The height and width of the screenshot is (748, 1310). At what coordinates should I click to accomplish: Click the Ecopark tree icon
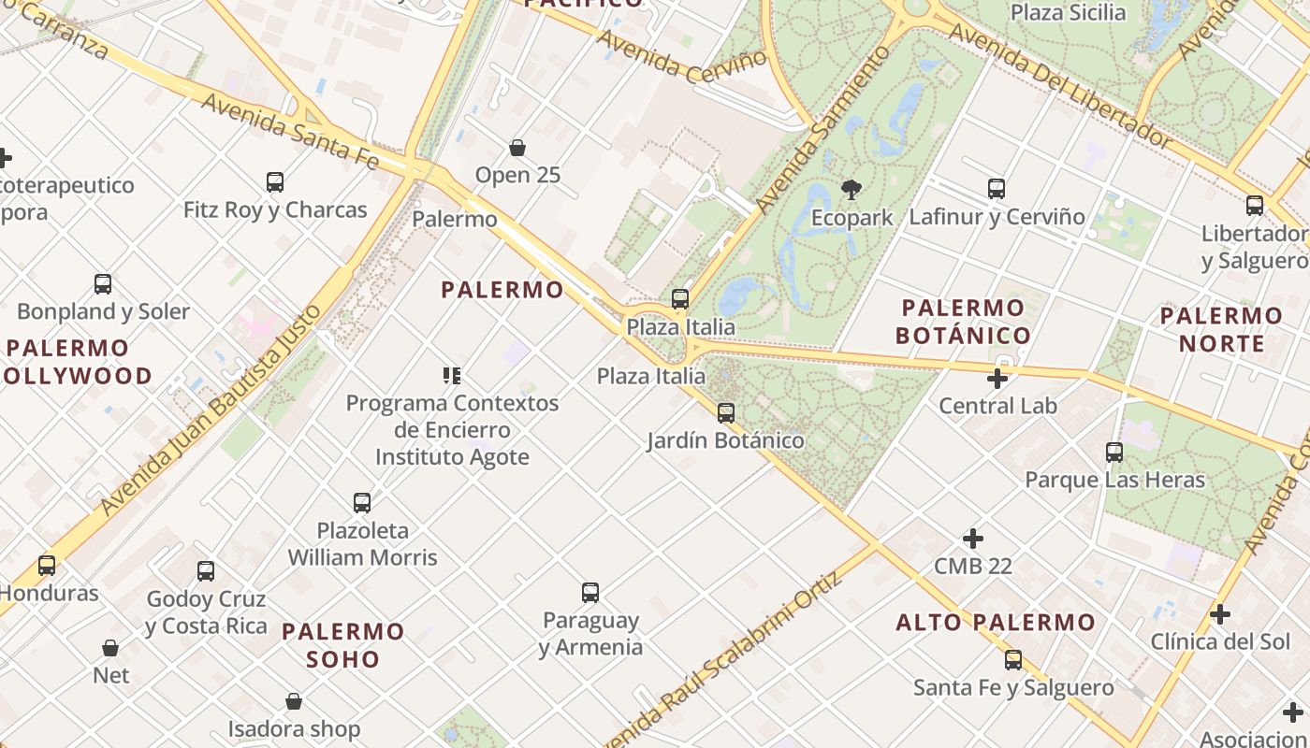851,190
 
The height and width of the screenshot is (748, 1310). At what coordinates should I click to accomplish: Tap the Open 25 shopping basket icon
517,148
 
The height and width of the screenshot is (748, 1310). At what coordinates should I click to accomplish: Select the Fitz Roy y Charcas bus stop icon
275,181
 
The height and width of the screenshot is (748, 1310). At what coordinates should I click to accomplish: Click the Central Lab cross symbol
997,379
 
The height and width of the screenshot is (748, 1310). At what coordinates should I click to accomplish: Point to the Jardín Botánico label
725,440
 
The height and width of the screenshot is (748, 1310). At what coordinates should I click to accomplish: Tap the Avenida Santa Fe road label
290,131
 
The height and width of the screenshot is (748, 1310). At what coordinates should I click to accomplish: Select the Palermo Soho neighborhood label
343,644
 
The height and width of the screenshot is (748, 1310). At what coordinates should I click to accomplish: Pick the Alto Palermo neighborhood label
996,622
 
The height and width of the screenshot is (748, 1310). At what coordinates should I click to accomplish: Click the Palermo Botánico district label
963,321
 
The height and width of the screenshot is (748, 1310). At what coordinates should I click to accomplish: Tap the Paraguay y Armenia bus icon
590,592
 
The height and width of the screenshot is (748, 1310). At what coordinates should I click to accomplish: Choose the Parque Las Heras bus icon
1114,453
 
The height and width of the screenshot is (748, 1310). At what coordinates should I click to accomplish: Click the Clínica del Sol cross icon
1220,614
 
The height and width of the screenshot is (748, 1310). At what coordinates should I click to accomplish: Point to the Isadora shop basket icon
294,701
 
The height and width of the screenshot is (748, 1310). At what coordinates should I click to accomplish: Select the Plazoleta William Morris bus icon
362,502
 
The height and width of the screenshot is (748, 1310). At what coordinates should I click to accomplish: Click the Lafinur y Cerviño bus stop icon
997,189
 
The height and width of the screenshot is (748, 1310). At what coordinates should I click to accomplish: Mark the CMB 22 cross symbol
973,539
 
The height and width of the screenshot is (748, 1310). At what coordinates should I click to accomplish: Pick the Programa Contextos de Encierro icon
452,376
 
